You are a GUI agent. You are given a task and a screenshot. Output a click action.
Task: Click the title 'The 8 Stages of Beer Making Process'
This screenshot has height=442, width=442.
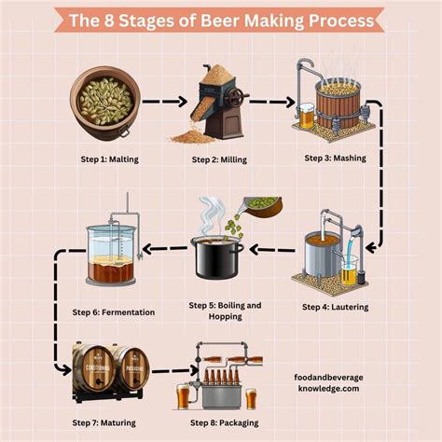(x=221, y=19)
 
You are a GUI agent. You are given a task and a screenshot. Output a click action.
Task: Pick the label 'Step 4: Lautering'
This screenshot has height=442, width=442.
(x=337, y=306)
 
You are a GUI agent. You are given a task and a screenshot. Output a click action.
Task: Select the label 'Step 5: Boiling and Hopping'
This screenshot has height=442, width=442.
(x=225, y=311)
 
